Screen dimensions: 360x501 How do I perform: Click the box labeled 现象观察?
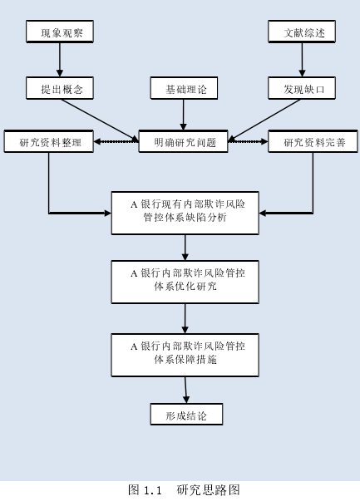click(60, 32)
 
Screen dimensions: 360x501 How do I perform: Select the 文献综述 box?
click(302, 32)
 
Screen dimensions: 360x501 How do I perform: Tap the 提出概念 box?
click(60, 88)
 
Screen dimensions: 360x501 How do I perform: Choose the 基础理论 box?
click(184, 88)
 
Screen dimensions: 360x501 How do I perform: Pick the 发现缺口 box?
click(302, 88)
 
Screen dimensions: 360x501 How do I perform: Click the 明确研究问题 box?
click(183, 141)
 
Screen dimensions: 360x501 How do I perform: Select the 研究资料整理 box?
click(48, 141)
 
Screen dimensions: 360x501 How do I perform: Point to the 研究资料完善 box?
click(313, 141)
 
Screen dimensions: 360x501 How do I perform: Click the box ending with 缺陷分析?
click(185, 214)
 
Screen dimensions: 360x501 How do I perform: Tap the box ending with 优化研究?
click(185, 282)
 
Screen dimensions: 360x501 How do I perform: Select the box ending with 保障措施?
click(185, 356)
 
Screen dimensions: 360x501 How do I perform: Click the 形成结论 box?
click(186, 414)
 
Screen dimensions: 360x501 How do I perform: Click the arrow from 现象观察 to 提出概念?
click(60, 60)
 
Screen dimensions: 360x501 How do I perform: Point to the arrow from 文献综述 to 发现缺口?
click(302, 60)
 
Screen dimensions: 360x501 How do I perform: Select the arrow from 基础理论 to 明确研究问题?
click(184, 115)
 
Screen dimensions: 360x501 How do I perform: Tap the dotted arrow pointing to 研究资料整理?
click(116, 141)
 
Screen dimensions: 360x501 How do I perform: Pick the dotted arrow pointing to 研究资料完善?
click(248, 141)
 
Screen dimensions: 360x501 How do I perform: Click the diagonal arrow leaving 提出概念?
click(100, 120)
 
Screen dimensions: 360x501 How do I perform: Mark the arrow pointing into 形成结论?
click(185, 390)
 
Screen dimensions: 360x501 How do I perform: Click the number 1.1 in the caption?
click(152, 490)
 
